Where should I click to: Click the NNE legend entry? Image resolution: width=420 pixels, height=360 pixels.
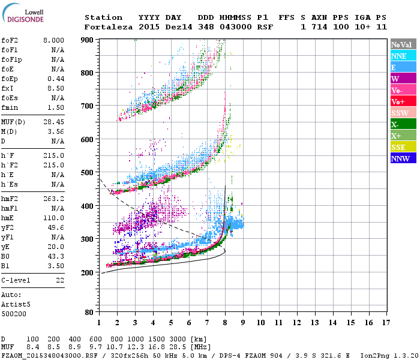click(x=403, y=56)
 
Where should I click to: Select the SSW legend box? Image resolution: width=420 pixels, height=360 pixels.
click(x=403, y=113)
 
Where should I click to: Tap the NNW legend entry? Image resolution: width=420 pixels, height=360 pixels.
click(x=403, y=158)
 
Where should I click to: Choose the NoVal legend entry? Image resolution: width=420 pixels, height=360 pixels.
click(x=403, y=44)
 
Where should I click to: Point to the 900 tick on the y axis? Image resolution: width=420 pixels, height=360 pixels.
click(x=87, y=40)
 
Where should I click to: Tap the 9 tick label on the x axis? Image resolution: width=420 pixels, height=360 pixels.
click(x=242, y=322)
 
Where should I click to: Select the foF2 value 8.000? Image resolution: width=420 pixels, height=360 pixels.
click(x=53, y=40)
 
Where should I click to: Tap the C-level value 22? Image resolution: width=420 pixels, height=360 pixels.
click(x=60, y=280)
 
